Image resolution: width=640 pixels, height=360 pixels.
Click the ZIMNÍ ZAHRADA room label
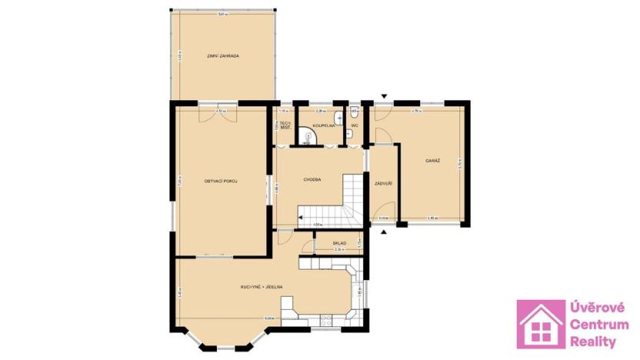tap(223, 56)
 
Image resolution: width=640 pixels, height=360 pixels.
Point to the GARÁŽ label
tap(432, 160)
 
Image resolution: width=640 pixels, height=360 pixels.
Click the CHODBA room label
tap(312, 179)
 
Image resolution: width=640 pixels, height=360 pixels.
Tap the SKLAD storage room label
tap(339, 243)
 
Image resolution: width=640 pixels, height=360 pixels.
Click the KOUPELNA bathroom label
tap(322, 124)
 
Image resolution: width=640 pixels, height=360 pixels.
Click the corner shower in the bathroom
tap(309, 138)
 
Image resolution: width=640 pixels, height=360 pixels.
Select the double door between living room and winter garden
tap(222, 113)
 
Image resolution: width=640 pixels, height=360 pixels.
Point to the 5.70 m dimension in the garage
tap(458, 163)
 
